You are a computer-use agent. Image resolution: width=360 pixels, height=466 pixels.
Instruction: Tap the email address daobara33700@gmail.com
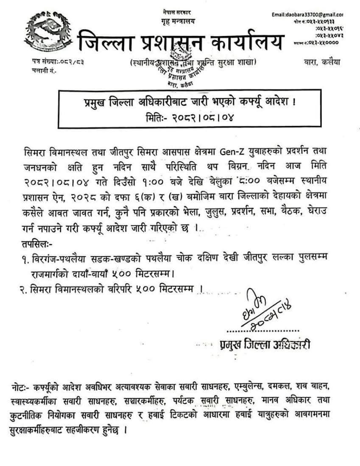pos(307,15)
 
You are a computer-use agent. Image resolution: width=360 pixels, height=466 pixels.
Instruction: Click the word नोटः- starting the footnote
pos(21,388)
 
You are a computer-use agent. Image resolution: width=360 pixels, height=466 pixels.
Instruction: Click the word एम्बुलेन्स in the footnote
pos(246,388)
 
